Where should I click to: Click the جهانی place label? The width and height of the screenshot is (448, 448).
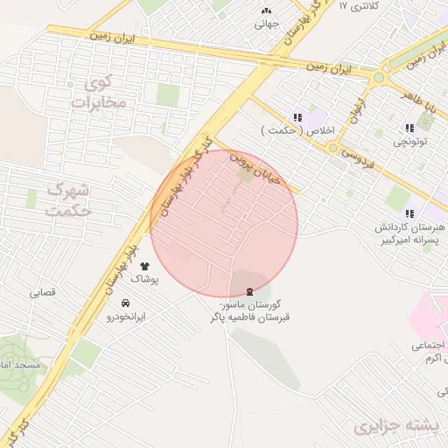click(x=266, y=24)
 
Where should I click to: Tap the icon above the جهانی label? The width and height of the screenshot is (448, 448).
click(x=266, y=10)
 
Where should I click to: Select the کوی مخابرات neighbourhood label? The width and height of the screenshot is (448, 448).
click(x=99, y=94)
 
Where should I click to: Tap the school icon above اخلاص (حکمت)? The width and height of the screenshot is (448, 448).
click(x=297, y=117)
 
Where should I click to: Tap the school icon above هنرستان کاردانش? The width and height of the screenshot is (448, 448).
click(x=409, y=213)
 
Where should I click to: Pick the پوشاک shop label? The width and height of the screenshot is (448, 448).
click(x=143, y=279)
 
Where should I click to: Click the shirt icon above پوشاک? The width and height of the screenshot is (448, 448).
click(x=144, y=266)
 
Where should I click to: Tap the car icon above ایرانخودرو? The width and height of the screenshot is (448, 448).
click(x=127, y=303)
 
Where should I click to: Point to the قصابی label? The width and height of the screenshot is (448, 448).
click(x=43, y=292)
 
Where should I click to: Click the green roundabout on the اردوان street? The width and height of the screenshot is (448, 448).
click(x=379, y=78)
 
